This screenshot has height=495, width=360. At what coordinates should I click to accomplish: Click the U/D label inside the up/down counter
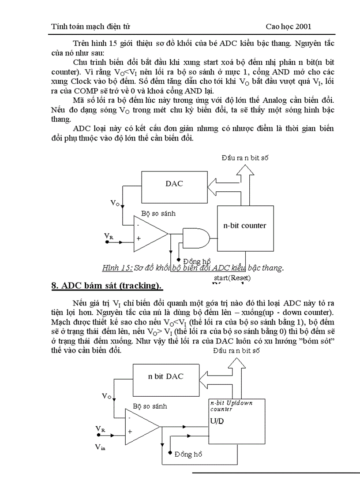click(217, 421)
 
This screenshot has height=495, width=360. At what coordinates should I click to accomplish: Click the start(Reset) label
click(232, 278)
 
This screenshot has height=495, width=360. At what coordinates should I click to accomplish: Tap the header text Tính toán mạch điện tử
click(90, 26)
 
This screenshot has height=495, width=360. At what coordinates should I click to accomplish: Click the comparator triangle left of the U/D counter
click(141, 426)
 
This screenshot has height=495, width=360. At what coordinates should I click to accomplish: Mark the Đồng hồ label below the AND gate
click(197, 261)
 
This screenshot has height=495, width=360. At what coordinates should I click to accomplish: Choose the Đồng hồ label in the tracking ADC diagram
click(188, 454)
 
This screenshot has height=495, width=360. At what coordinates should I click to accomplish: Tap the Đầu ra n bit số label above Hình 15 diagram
click(245, 157)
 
